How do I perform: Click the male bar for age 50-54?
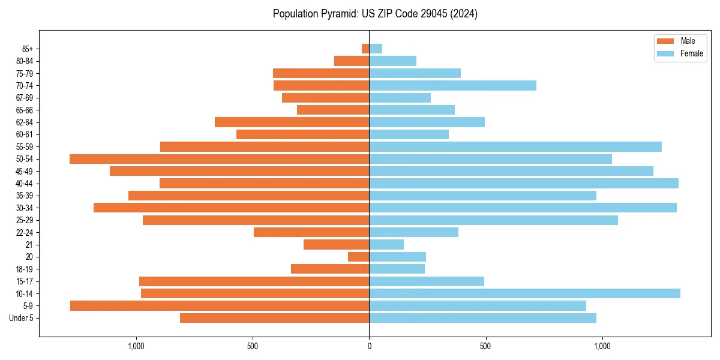[x=219, y=159]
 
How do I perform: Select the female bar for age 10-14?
[x=524, y=293]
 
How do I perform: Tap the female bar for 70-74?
[x=452, y=86]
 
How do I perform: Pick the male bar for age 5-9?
[x=220, y=305]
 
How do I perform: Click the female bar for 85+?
[x=376, y=49]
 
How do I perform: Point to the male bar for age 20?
[x=359, y=257]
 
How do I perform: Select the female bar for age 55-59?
[x=515, y=147]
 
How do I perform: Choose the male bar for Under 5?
[x=274, y=318]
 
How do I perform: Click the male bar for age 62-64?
[x=292, y=122]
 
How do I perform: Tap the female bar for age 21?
[x=386, y=244]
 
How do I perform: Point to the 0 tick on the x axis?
[x=369, y=346]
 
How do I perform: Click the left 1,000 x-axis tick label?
[x=136, y=346]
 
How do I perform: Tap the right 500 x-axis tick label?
[x=485, y=346]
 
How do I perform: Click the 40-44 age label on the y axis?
[x=25, y=184]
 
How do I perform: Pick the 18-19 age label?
[x=25, y=269]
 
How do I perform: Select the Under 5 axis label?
[x=22, y=318]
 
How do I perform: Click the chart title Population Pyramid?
[x=375, y=14]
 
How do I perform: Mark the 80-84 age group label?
[x=25, y=61]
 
